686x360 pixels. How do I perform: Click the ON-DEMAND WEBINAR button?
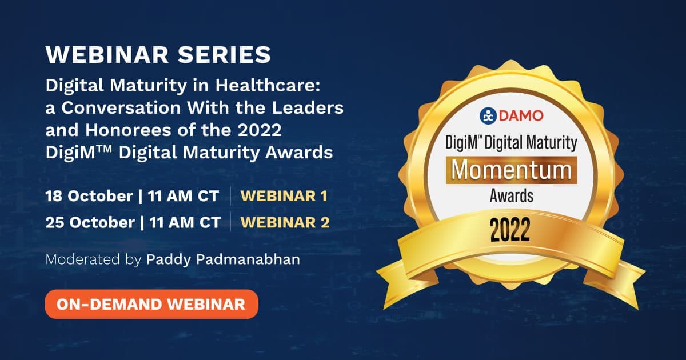coord(151,304)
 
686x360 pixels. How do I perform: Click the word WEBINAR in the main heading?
coord(107,55)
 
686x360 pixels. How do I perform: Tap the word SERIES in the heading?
coord(224,55)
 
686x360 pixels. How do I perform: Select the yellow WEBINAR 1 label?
coord(284,196)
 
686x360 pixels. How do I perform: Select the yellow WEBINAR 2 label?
coord(285,222)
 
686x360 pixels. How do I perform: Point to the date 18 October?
coord(89,196)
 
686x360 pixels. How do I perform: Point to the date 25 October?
coord(90,222)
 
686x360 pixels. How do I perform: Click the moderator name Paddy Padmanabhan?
coord(224,259)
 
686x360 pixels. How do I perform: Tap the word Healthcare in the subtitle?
coord(268,85)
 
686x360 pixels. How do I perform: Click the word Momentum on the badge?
coord(512,170)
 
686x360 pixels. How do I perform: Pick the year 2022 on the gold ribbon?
coord(510,229)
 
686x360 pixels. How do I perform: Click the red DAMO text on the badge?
coord(521,115)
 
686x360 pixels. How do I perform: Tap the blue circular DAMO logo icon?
coord(488,116)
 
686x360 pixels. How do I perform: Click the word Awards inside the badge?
coord(512,196)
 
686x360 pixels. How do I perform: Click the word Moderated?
coord(83,259)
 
